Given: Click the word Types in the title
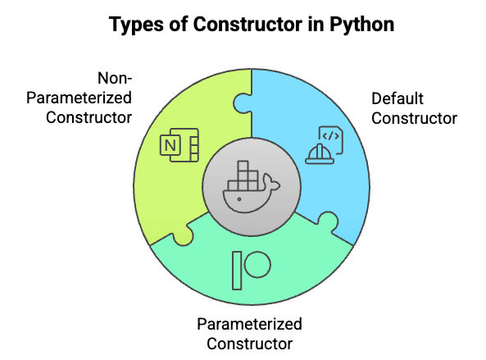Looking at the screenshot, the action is coord(136,25).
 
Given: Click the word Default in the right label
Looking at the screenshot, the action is coord(397,98).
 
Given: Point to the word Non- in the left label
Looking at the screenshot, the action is coord(115,78).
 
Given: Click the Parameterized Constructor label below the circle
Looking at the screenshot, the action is coord(249,334).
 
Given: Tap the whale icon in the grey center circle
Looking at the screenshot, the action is coord(252,186).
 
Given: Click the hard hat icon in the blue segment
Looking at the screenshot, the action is coord(320,154).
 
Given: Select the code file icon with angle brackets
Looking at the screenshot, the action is coord(331,139).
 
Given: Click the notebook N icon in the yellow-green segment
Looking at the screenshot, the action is coord(179,145).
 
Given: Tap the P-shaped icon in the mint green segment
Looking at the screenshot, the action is coord(252,271).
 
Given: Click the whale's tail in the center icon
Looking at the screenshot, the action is coord(271,182).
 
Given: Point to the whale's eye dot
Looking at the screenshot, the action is coord(239,199).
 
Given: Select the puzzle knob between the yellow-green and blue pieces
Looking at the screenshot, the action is coord(243,103).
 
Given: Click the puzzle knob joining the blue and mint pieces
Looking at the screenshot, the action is coord(328,221).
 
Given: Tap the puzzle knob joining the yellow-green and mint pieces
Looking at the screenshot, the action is coord(183,235).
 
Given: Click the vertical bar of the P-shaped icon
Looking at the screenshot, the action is coord(237,271).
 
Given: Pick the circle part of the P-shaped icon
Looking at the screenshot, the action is coord(257,265).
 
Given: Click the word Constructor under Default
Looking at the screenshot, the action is coord(415,118).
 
